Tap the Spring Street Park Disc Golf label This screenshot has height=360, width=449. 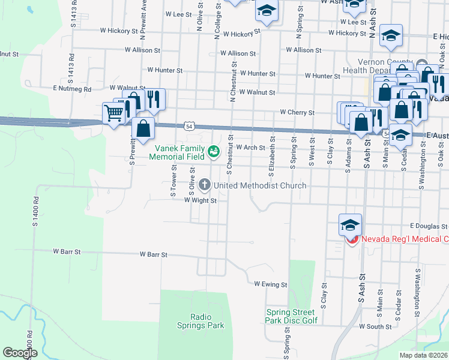tap(290, 316)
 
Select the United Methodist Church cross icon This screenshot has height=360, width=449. tap(204, 185)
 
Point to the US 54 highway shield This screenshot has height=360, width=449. tap(190, 126)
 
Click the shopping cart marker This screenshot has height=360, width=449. tap(113, 112)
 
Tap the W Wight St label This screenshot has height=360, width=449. tap(200, 200)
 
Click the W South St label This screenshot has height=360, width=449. tap(375, 326)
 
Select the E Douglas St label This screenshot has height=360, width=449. tap(429, 226)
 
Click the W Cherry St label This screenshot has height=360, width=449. tap(297, 112)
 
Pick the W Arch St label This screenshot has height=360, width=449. tap(250, 147)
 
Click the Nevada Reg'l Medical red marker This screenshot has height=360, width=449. tap(352, 239)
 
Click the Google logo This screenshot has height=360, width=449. tap(20, 353)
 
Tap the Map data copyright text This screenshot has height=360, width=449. tap(424, 355)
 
